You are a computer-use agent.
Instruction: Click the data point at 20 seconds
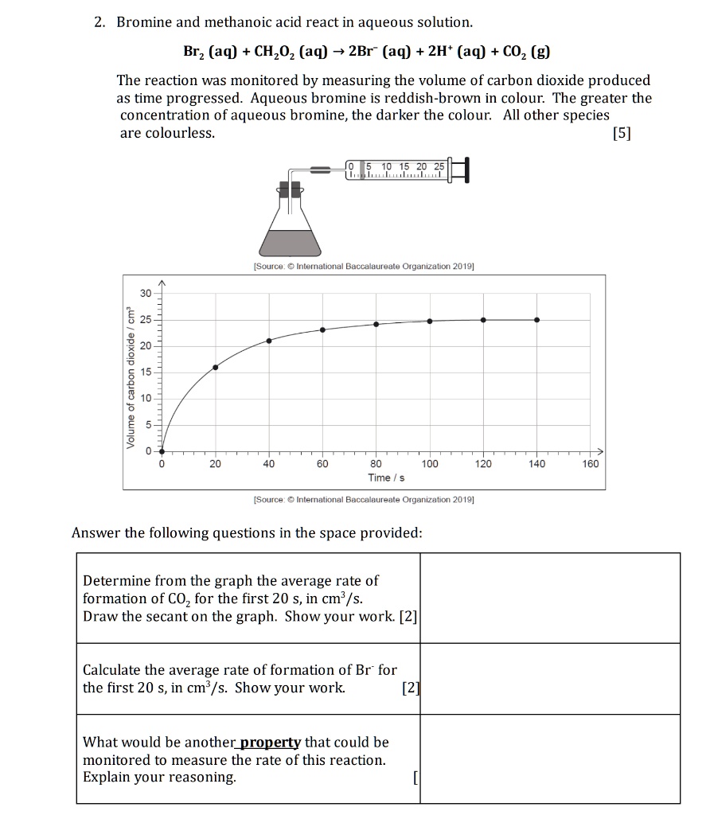215,368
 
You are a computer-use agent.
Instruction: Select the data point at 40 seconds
268,340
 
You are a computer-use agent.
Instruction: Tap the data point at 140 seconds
537,319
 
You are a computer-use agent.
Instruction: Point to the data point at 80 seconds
376,324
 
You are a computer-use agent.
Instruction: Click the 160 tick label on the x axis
590,464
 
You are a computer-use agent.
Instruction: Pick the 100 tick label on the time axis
430,464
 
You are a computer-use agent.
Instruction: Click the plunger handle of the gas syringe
465,170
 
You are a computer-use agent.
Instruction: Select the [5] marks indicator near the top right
622,133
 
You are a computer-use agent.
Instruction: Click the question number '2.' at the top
99,22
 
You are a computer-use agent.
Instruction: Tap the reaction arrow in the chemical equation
339,53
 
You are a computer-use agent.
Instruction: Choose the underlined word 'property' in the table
271,743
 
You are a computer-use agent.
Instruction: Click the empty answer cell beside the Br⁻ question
549,678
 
